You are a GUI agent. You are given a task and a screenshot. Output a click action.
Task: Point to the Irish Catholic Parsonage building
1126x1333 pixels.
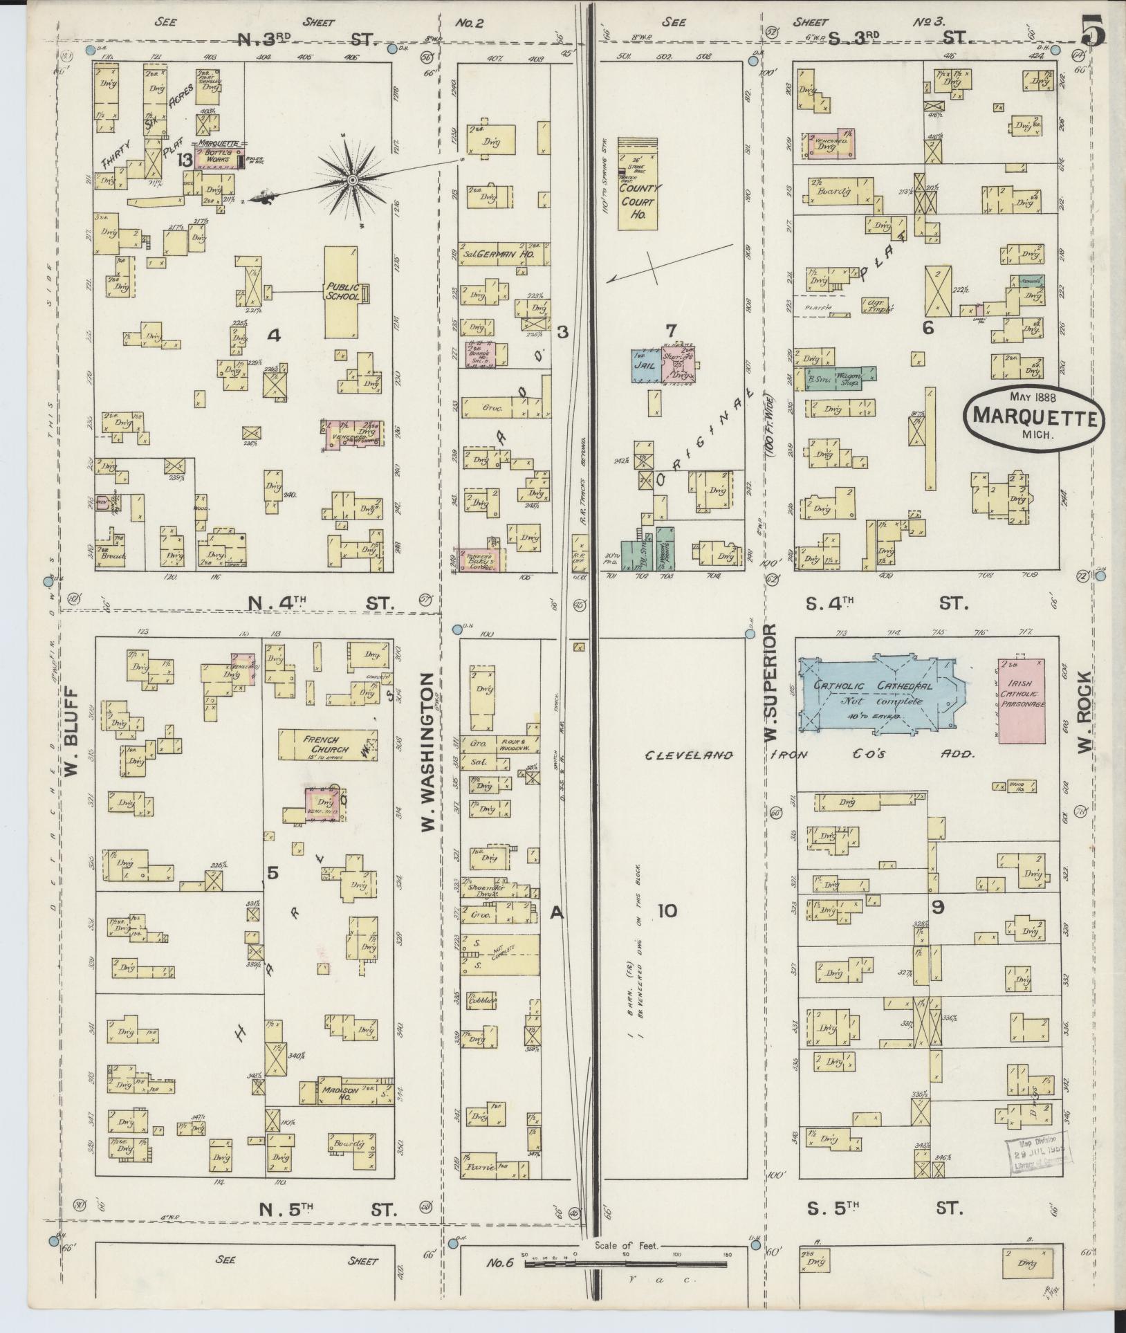[x=1020, y=699]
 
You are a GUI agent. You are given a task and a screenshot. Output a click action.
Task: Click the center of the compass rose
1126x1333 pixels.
[x=353, y=180]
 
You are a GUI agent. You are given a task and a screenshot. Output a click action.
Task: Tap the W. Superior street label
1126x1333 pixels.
[x=770, y=683]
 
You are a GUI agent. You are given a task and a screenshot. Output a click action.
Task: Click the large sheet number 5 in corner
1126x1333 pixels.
[x=1093, y=31]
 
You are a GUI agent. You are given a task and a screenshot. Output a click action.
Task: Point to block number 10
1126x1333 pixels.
[x=667, y=911]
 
